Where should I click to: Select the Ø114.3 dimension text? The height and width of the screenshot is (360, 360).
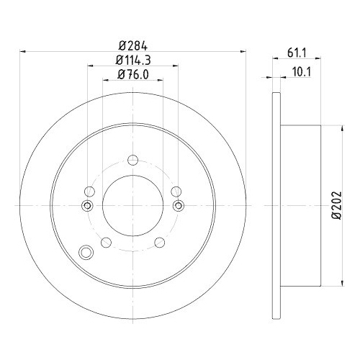(132, 60)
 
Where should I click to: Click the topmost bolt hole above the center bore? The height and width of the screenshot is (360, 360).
(132, 161)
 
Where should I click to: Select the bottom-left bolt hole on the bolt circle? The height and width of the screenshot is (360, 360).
(107, 242)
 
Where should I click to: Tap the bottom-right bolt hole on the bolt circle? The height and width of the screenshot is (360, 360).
(159, 242)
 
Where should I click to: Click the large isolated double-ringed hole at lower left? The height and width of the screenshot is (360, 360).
(86, 253)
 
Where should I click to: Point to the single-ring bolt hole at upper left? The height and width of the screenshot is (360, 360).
(89, 192)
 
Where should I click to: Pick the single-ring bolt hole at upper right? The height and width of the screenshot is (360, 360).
(176, 192)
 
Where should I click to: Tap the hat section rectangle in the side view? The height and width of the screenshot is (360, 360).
(301, 204)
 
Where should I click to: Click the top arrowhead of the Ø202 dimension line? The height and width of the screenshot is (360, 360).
(340, 127)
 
